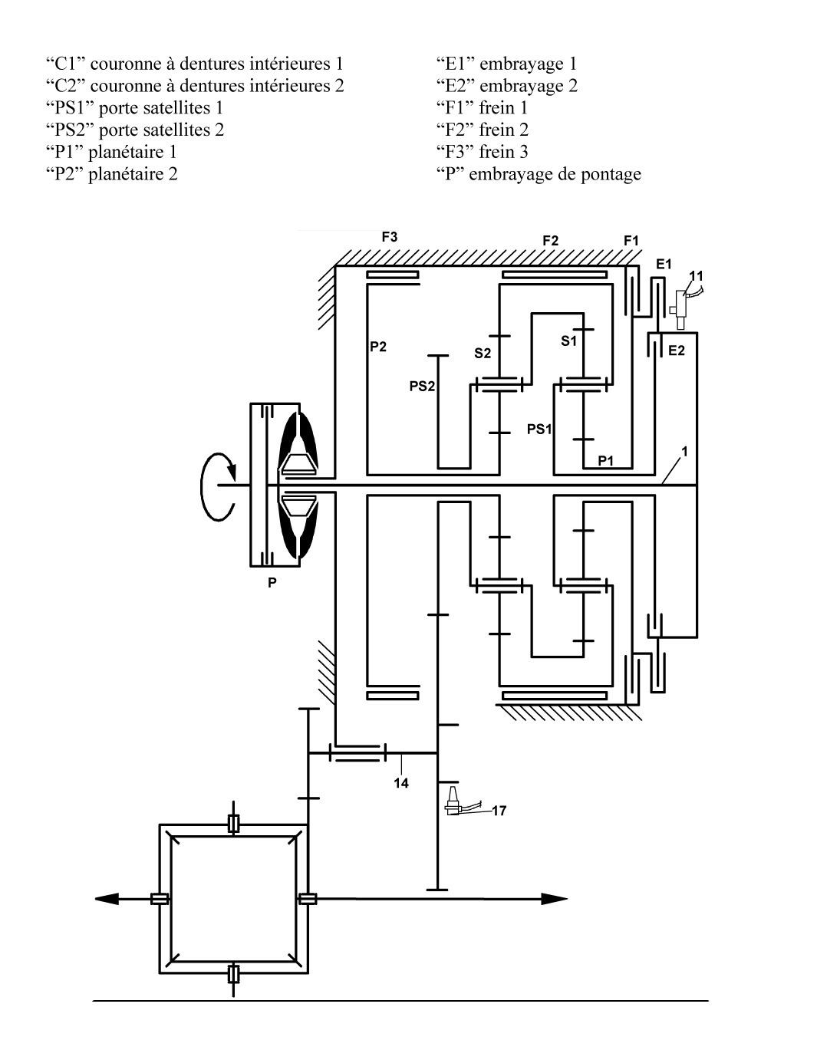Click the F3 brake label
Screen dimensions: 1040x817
pos(390,237)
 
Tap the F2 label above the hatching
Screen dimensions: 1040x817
pos(550,241)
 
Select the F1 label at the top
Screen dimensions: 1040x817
pos(631,241)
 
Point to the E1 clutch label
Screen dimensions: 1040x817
pos(664,264)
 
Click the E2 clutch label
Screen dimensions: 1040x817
pos(677,351)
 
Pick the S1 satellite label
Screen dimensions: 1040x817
pos(568,341)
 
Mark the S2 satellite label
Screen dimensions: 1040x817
pos(483,354)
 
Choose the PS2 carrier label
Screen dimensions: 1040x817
pos(422,387)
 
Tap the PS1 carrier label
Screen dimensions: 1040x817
pos(539,429)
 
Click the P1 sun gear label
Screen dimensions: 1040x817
pos(606,460)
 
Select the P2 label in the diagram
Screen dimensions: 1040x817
pos(378,347)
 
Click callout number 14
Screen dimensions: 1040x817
pos(401,783)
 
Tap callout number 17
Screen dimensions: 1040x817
pos(499,811)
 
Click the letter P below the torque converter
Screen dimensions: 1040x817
pos(272,583)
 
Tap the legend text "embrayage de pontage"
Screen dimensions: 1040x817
pos(555,174)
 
